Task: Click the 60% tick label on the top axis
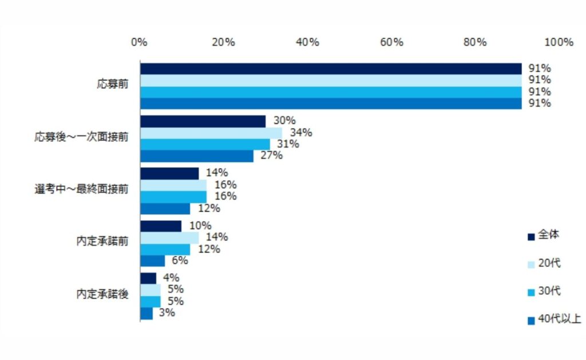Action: click(x=391, y=42)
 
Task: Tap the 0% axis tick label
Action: click(x=139, y=42)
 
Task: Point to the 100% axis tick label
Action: click(x=559, y=42)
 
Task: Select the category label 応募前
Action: click(x=113, y=84)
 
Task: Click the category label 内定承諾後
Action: click(x=102, y=294)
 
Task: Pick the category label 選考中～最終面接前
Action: click(x=81, y=189)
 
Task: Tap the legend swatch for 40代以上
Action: click(x=531, y=321)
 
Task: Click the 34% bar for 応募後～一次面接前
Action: click(x=211, y=133)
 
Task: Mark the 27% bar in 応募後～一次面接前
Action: click(x=197, y=156)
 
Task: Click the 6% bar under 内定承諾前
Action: click(x=152, y=261)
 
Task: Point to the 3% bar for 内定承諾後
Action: click(x=146, y=314)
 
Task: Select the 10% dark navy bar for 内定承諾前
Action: click(x=161, y=226)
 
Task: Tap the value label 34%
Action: click(x=301, y=132)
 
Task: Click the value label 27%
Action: click(x=271, y=155)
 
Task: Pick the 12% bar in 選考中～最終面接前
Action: click(x=165, y=208)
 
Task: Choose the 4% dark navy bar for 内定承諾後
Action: click(x=148, y=279)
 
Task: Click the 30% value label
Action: click(x=284, y=120)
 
